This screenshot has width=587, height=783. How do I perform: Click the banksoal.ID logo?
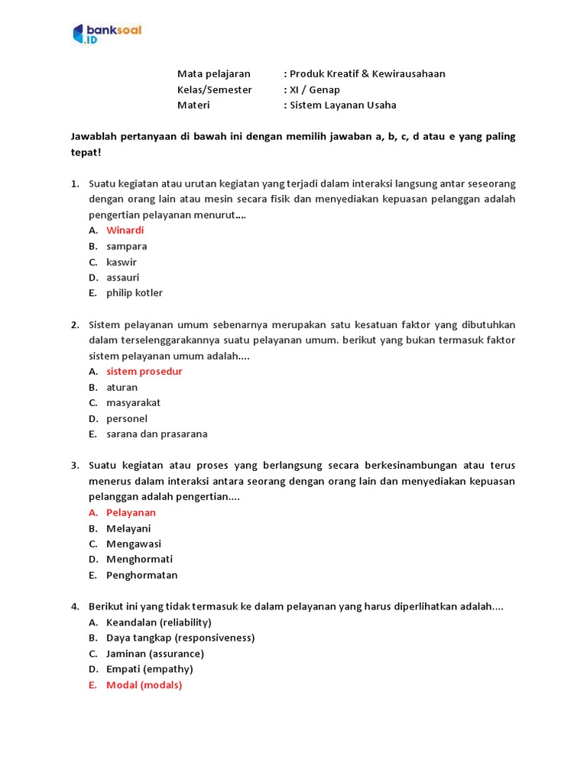107,34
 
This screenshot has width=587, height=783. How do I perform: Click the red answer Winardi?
125,230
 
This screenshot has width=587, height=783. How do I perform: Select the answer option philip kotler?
135,293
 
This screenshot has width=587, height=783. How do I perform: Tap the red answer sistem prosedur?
144,372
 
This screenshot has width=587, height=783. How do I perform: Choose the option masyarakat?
133,403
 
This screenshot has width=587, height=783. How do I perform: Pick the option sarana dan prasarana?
157,434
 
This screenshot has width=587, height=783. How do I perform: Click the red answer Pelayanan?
131,512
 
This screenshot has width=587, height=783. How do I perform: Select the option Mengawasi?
134,544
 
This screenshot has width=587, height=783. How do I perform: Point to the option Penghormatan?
141,575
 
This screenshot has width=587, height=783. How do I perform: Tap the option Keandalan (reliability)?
158,622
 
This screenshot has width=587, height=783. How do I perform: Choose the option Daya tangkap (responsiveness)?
180,638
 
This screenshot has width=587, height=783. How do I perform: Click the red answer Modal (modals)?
144,685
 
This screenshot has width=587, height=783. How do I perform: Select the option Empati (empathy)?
149,669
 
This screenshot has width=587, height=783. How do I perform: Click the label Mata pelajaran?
213,74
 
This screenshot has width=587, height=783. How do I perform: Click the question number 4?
75,606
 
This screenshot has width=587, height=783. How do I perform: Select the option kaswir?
122,262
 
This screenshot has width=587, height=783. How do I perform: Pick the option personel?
127,419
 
